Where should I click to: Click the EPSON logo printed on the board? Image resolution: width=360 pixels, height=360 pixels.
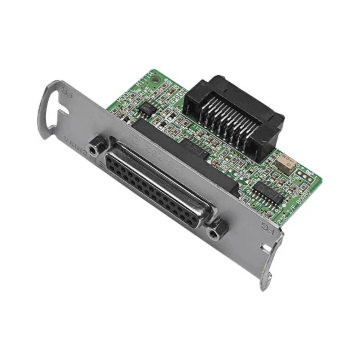tap(177, 96)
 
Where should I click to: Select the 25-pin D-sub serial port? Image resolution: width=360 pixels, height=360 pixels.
tap(158, 184)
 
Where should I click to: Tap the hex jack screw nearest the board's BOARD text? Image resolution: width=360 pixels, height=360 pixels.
tap(217, 229)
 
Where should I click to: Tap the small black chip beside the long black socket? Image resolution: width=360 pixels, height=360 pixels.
tap(194, 148)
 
